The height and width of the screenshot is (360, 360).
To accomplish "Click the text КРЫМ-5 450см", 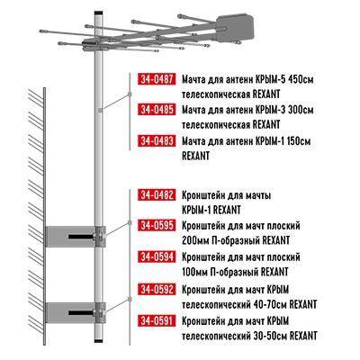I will (285, 79).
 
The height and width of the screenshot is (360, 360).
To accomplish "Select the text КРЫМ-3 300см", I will (285, 110).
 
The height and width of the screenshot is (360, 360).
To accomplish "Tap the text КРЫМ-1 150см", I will (285, 140).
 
